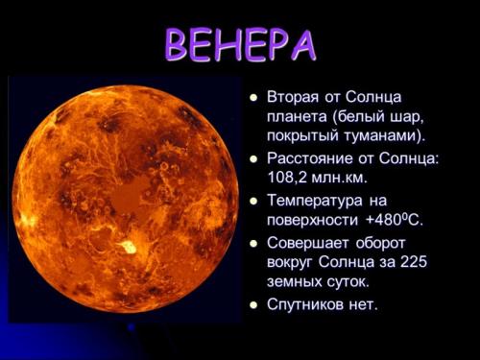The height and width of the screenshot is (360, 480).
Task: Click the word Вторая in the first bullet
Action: click(296, 97)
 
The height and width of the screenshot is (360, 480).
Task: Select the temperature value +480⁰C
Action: click(394, 221)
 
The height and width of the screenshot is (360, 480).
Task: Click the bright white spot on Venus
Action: click(127, 248)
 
